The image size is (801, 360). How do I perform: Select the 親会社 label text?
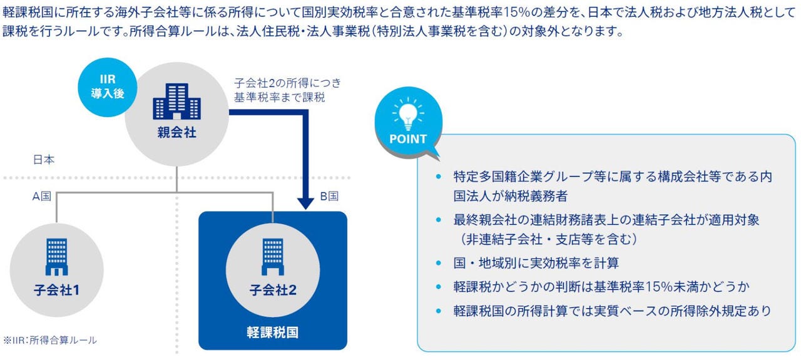pos(177,133)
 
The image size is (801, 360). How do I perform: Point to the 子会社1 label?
pos(56,291)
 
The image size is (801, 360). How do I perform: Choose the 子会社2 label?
pos(273,291)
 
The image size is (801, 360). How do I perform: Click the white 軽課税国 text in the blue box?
pos(273,331)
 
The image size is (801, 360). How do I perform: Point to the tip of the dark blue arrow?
pos(305,207)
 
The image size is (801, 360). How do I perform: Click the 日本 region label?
pos(44,160)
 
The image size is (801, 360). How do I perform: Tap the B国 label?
pos(329,196)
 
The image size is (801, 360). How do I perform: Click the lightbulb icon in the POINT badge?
pos(408,115)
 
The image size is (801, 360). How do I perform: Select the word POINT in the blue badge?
pos(408,139)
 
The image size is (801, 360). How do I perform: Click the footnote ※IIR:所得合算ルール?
pos(50,341)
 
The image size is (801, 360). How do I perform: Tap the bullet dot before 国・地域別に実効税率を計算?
pos(439,263)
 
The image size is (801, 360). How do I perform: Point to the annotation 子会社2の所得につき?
pos(287,83)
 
